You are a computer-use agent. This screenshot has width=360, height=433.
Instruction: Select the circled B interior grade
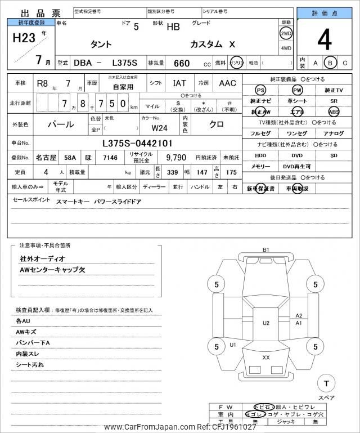331,63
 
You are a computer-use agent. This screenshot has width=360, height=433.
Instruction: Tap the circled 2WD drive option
286,33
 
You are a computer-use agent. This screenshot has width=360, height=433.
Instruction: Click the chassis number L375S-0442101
137,143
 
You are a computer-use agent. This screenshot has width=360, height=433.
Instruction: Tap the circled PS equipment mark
260,90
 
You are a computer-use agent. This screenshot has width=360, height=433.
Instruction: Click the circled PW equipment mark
297,90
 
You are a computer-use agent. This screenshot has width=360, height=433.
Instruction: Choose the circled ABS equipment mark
334,111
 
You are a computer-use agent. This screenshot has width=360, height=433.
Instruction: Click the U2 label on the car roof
266,323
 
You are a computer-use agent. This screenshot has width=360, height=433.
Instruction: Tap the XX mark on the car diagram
266,358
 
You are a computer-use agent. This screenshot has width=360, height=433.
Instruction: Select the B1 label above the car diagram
266,249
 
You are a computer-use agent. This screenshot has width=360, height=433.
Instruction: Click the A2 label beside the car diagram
299,316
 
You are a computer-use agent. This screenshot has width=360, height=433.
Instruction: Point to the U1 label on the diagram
233,344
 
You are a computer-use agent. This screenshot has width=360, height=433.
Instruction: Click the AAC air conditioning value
227,83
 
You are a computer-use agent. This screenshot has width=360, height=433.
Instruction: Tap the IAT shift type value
179,83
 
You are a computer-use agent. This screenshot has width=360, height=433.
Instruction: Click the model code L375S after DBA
124,63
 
